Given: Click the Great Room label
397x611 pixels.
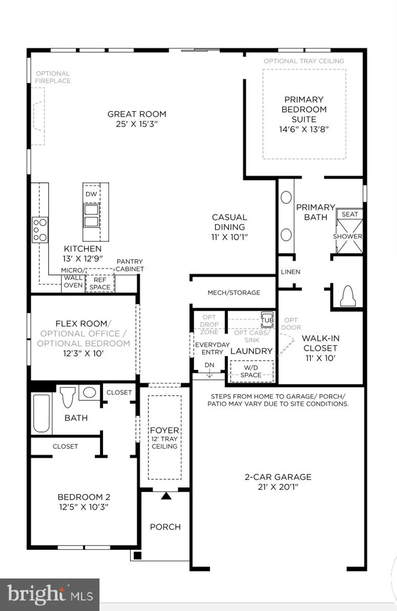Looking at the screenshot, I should (x=137, y=114).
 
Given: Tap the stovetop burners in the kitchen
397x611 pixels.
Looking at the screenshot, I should (x=40, y=230).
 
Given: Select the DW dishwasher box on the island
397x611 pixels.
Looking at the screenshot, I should (x=91, y=194).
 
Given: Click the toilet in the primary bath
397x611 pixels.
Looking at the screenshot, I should (x=347, y=296).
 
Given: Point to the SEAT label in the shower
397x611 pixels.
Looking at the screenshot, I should (x=350, y=214).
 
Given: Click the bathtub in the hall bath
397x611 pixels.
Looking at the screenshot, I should (x=42, y=413).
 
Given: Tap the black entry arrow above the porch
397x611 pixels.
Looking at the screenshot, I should (x=165, y=496).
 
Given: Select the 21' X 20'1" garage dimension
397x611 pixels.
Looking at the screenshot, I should (x=278, y=487).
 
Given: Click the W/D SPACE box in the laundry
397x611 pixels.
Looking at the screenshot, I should (x=251, y=371).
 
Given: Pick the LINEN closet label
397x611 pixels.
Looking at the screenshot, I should (x=290, y=272).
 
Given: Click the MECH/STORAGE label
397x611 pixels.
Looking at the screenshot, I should (x=234, y=292).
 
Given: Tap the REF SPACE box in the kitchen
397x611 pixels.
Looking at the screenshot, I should (x=100, y=284).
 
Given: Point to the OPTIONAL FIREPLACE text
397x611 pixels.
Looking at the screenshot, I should (x=53, y=77).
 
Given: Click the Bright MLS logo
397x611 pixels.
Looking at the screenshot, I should (x=50, y=595).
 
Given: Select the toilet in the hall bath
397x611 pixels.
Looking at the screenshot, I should (x=68, y=397).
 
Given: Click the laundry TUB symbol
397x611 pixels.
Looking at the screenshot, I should (x=267, y=320).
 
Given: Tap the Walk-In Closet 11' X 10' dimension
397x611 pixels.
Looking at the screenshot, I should (x=320, y=358).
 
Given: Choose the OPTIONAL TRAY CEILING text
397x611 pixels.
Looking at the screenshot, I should (x=304, y=61).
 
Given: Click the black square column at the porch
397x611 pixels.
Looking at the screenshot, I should (x=137, y=555).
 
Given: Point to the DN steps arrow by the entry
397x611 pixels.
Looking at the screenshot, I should (x=209, y=369).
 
